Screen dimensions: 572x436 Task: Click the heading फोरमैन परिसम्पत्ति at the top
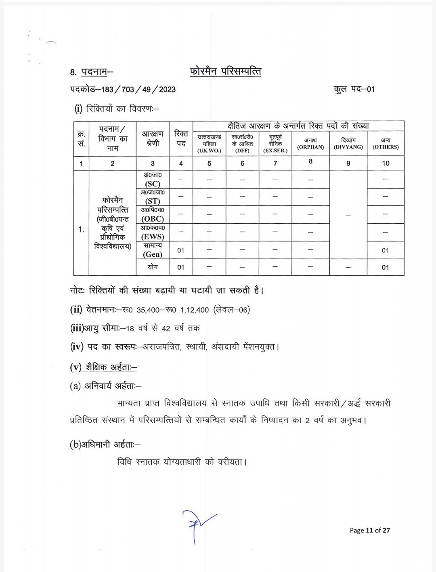click(225, 71)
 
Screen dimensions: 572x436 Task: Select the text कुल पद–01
click(354, 89)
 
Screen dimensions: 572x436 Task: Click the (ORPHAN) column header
click(310, 147)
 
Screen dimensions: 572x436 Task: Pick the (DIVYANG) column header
click(348, 147)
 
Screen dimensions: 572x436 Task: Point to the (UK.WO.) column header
click(209, 151)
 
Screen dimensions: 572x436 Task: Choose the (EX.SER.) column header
click(275, 151)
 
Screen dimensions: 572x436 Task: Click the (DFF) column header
click(242, 151)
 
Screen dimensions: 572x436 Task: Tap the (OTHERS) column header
click(386, 147)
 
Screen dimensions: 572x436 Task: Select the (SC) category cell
click(153, 183)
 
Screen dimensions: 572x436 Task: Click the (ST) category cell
click(153, 201)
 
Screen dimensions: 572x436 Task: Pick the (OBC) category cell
click(153, 218)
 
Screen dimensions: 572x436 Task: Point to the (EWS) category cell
click(153, 237)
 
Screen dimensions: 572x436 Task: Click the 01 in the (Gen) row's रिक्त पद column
click(181, 250)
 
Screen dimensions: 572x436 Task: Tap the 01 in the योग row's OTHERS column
click(386, 267)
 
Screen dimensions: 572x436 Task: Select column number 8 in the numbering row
click(310, 161)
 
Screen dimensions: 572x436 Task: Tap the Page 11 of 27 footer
click(370, 530)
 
